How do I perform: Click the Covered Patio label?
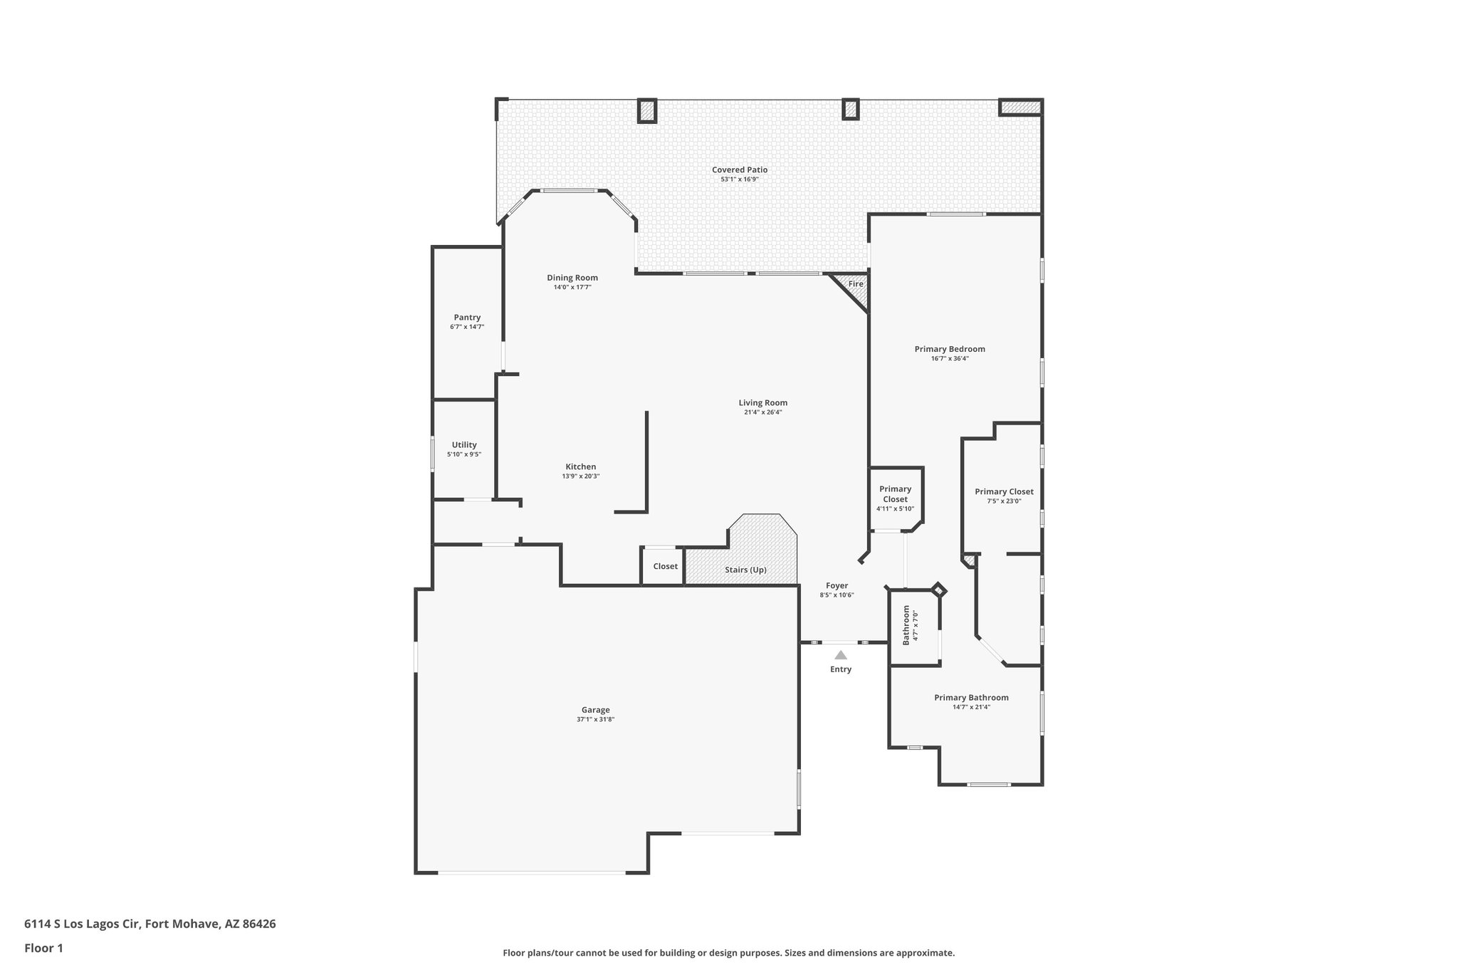pos(740,169)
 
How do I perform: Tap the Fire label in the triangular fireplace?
pos(856,284)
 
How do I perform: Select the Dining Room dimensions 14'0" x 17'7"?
pos(572,288)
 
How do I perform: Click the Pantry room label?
pos(467,318)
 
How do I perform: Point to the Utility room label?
pos(464,445)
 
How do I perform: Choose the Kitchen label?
pos(581,467)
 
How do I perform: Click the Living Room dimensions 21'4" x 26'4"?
pos(763,412)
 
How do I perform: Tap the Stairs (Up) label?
pos(745,570)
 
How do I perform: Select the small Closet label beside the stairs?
pos(666,567)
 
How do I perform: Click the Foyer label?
pos(836,586)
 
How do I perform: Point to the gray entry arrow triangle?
pos(841,655)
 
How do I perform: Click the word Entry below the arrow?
pos(841,669)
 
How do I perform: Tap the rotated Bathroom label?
pos(906,625)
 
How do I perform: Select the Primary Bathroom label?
pos(971,698)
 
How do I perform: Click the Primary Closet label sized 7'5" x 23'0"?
pos(1004,492)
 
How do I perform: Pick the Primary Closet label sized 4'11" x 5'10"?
pos(895,494)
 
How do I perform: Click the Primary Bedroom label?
pos(950,350)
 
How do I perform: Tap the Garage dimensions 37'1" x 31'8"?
pos(595,720)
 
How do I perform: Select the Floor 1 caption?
pos(43,949)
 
